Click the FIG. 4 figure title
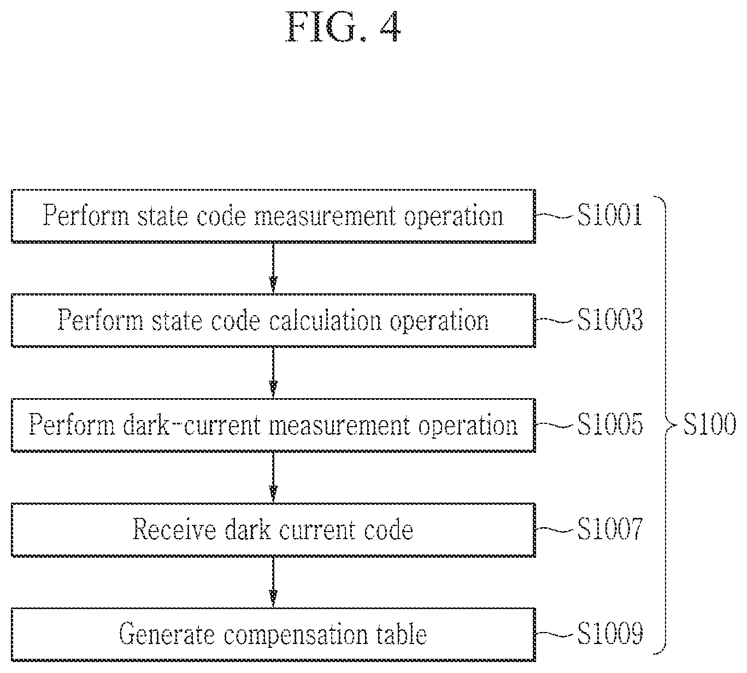(x=343, y=27)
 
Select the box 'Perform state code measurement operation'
(x=273, y=216)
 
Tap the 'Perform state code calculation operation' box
(x=273, y=321)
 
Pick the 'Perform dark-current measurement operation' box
(x=273, y=426)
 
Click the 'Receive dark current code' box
(x=273, y=530)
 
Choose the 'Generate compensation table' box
(x=273, y=635)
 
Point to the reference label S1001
(x=610, y=215)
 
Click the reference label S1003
(x=610, y=320)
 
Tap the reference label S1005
(x=610, y=424)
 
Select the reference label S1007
(x=610, y=529)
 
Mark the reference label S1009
(x=610, y=634)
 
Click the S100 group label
(x=710, y=424)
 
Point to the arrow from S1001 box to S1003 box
(x=273, y=269)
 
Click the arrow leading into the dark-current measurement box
(x=273, y=373)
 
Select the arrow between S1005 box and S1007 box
(x=273, y=477)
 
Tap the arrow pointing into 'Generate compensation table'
(x=273, y=582)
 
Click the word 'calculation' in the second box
(x=325, y=320)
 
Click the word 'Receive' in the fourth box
(x=174, y=529)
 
